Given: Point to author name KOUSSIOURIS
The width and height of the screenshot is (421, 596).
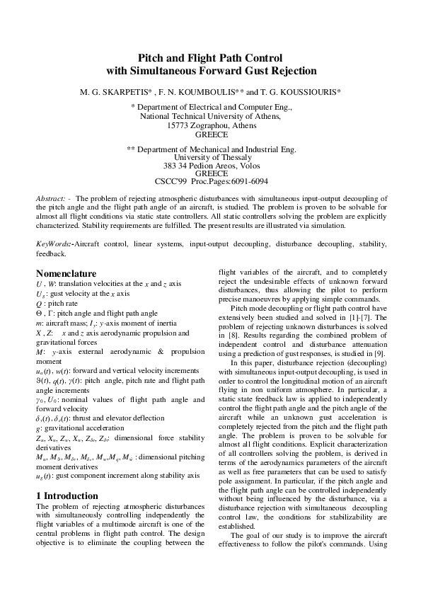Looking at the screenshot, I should tap(305, 93).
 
